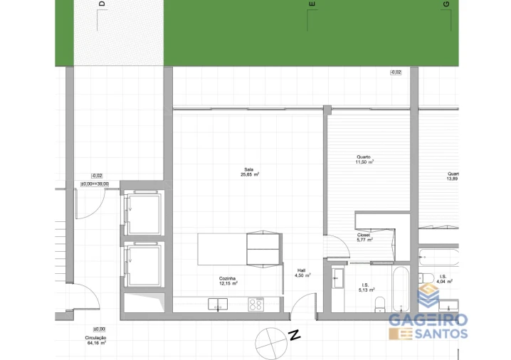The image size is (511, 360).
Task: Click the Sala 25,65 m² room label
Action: click(249, 171)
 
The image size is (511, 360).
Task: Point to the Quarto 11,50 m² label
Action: click(364, 159)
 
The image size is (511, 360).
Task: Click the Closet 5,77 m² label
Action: click(364, 238)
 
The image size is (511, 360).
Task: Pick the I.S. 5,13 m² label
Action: click(366, 287)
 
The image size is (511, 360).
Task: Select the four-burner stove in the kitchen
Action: click(255, 305)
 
